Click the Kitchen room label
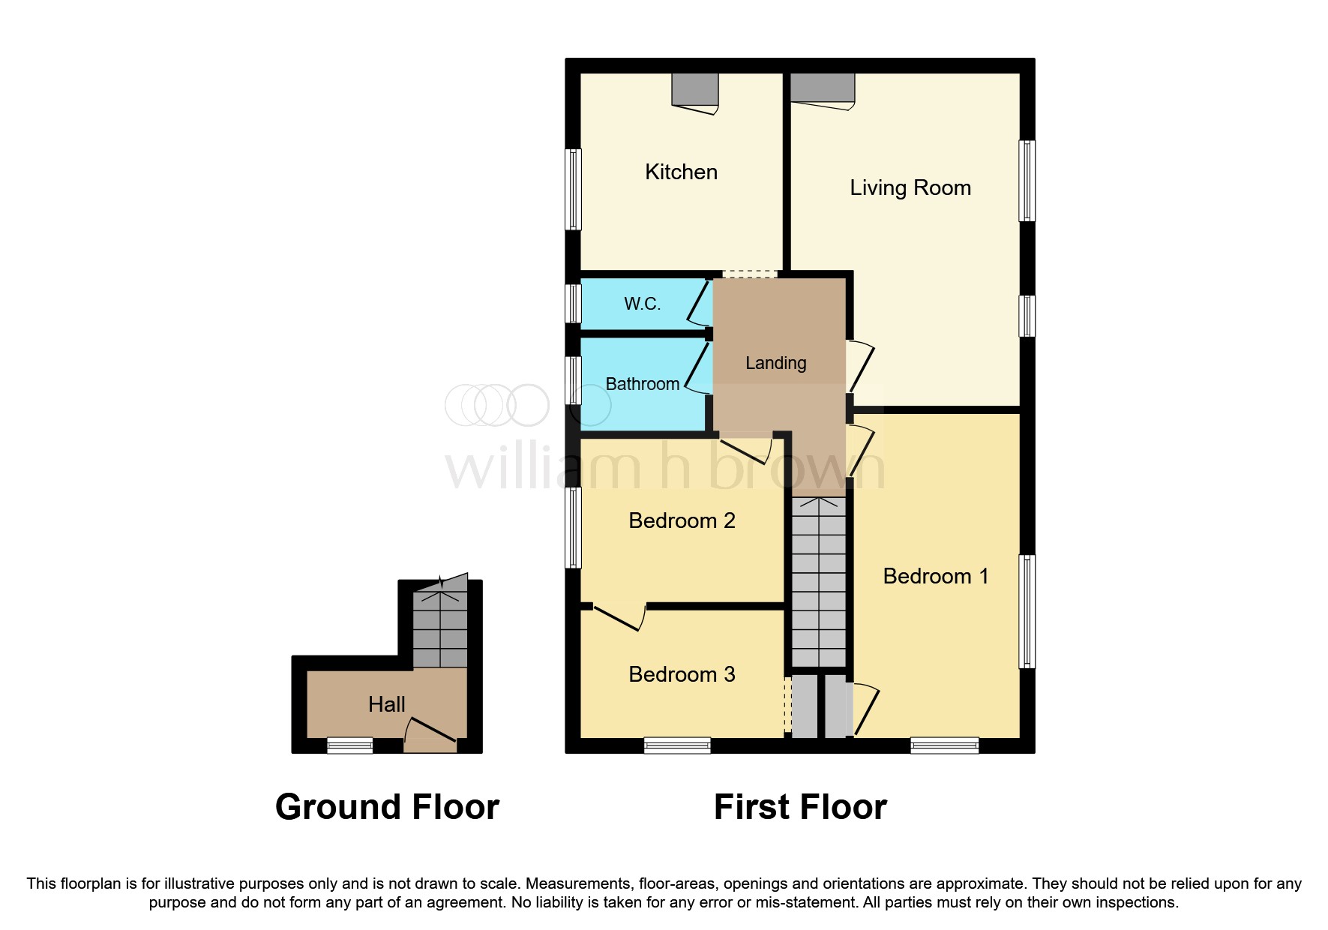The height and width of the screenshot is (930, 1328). click(x=681, y=172)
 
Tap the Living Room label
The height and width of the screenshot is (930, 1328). click(x=910, y=187)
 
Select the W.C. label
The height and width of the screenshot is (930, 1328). click(x=643, y=304)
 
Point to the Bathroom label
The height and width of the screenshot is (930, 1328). click(x=643, y=384)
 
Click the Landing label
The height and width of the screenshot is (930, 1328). click(x=776, y=363)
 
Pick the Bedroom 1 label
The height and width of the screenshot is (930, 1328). click(x=936, y=576)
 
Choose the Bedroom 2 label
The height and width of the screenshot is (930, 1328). click(x=682, y=520)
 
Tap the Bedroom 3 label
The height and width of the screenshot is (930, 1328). click(x=682, y=674)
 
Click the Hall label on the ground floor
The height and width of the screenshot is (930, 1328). click(x=387, y=704)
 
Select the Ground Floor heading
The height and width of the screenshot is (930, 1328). click(x=387, y=807)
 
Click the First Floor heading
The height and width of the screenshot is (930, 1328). click(x=800, y=807)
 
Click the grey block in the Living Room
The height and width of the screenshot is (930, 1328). click(x=823, y=87)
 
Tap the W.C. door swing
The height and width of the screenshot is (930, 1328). click(x=697, y=303)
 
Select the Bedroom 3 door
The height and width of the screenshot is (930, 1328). click(x=619, y=616)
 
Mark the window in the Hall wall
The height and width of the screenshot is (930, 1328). click(x=350, y=745)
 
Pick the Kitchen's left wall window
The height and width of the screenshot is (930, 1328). click(x=574, y=189)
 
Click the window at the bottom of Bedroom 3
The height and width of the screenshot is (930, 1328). click(x=677, y=745)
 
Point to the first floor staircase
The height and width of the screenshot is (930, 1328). click(x=820, y=582)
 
